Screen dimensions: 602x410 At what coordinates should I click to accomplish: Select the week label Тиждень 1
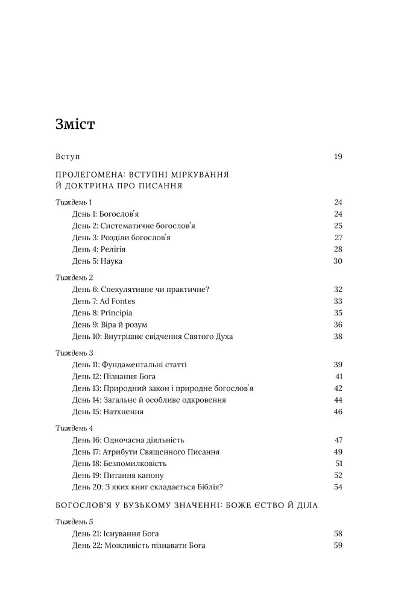point(74,202)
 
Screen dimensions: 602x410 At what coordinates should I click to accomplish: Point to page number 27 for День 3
point(338,237)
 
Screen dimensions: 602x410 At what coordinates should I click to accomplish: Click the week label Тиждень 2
point(74,278)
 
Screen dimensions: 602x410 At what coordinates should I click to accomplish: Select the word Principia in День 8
point(117,313)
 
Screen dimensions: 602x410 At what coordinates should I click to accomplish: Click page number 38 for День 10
point(338,337)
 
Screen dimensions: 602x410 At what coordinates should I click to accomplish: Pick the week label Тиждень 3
point(74,353)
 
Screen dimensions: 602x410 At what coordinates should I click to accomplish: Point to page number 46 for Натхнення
point(338,412)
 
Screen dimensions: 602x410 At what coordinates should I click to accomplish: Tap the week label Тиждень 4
point(74,429)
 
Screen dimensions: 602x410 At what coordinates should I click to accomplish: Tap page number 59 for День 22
point(338,545)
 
